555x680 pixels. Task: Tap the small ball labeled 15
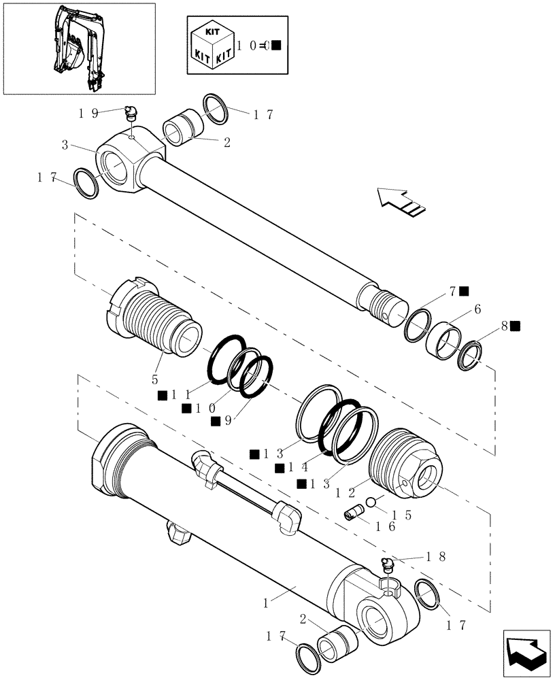click(x=371, y=503)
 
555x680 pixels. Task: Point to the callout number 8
click(x=505, y=326)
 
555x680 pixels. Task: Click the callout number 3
click(x=64, y=145)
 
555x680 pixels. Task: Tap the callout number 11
click(x=180, y=394)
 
